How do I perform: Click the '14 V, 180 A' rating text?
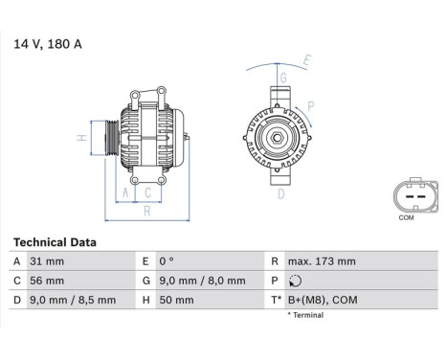(47, 43)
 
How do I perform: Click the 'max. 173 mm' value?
(323, 261)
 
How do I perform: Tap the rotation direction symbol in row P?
(295, 281)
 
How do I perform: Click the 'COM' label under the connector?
(406, 217)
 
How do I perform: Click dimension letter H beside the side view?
(83, 139)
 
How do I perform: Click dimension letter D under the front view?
(280, 194)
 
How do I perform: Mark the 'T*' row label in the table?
(277, 300)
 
